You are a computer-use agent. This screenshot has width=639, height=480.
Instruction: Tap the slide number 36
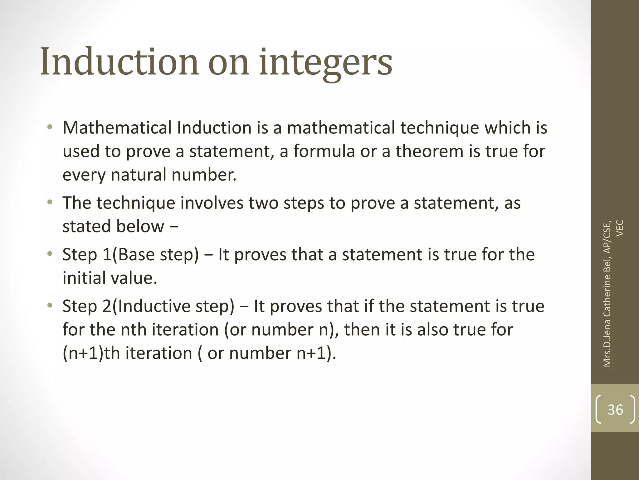point(615,410)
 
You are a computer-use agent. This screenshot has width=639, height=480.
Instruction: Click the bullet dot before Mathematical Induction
point(50,127)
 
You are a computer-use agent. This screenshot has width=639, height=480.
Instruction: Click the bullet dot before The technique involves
point(50,202)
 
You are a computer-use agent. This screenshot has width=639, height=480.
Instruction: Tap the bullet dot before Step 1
point(50,254)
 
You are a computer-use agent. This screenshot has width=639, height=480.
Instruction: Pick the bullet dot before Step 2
point(50,306)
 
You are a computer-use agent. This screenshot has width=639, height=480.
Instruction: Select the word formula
point(324,151)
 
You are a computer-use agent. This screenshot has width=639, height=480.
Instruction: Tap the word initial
point(81,278)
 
